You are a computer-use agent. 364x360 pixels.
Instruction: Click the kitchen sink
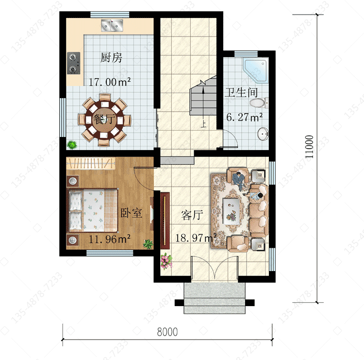tap(112, 26)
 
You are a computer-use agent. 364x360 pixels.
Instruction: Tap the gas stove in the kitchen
tap(74, 63)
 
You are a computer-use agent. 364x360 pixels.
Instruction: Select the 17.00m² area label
tap(110, 82)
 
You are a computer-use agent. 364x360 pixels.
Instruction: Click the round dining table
tap(104, 119)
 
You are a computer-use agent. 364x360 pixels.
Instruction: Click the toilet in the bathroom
tap(259, 103)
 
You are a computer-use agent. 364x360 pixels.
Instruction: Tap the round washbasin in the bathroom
tap(263, 134)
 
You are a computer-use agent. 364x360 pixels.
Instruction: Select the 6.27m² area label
tap(245, 118)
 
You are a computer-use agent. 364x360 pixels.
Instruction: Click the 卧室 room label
tap(131, 213)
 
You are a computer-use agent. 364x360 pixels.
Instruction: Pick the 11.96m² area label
tap(110, 239)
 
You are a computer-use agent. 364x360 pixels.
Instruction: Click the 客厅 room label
tap(192, 215)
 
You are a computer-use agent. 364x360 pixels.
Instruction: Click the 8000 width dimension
tap(167, 332)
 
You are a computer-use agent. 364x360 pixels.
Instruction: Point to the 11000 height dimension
tap(310, 147)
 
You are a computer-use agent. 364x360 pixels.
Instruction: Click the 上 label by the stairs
tap(203, 123)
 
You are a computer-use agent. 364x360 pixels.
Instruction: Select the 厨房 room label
tap(111, 58)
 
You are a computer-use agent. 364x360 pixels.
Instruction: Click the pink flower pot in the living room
tap(166, 261)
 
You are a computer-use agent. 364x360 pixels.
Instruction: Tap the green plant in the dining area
tap(72, 145)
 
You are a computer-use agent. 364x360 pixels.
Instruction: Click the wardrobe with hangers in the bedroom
tap(91, 163)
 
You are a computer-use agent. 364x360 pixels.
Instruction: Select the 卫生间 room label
tap(241, 92)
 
